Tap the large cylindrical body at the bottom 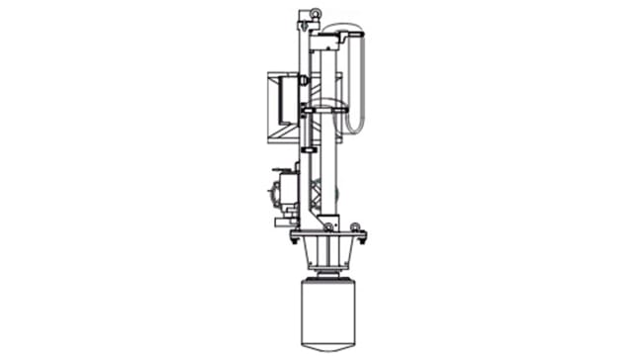(326, 312)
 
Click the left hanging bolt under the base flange (294, 239)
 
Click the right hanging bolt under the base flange (362, 239)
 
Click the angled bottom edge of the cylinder (326, 348)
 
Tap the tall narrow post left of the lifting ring (298, 40)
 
